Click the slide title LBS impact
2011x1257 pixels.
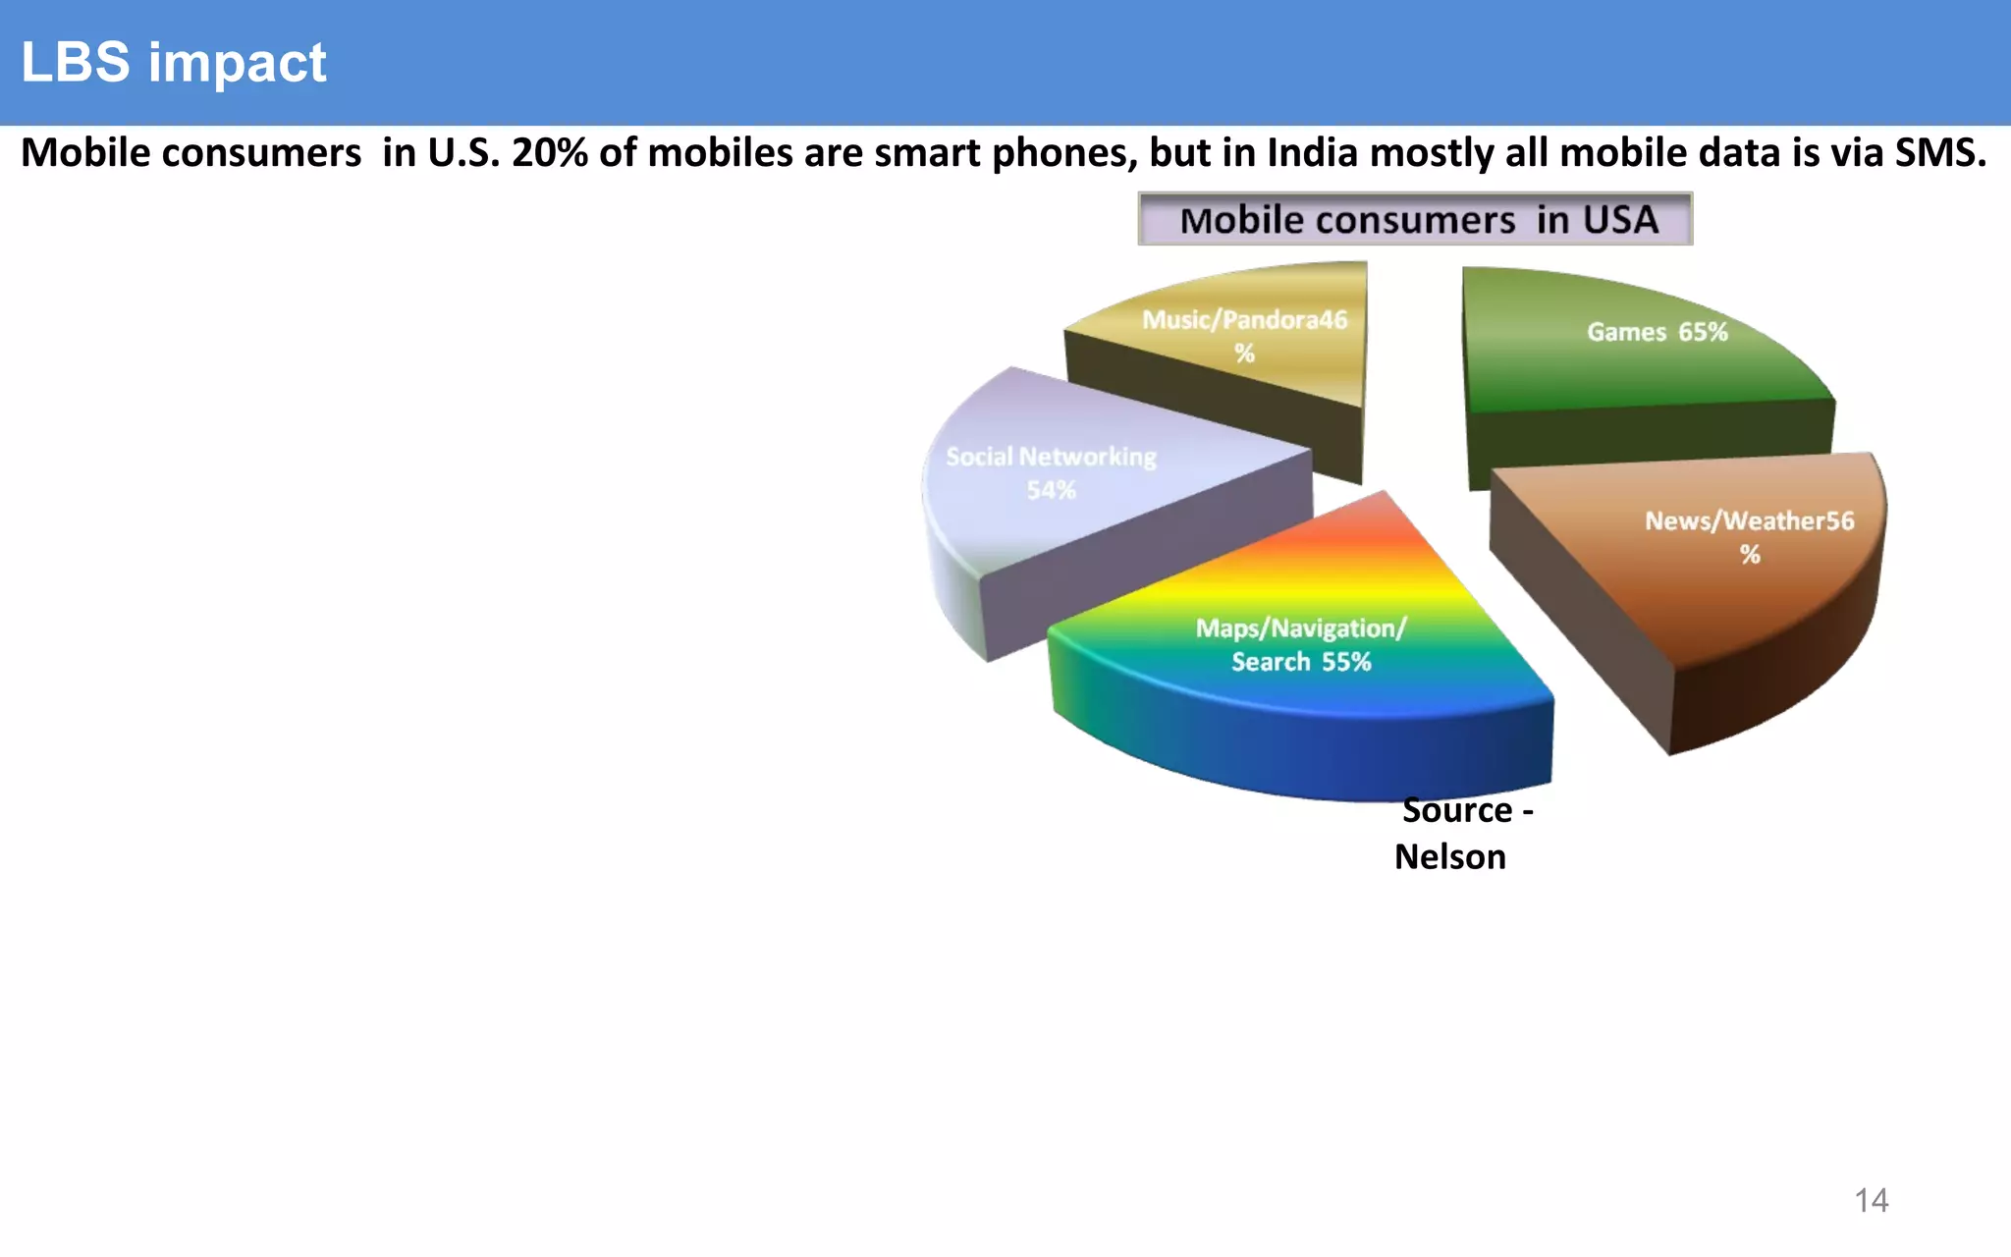(173, 63)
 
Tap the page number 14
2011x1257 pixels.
(1871, 1200)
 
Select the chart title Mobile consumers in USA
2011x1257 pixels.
(1415, 219)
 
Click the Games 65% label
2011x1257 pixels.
(1657, 332)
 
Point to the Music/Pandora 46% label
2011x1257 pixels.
(1244, 336)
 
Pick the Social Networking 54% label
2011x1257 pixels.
(1051, 472)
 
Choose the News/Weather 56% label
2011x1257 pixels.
(1749, 536)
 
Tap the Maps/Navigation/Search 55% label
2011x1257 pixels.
(1301, 644)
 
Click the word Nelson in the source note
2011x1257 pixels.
(1449, 857)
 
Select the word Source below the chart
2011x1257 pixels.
(1457, 811)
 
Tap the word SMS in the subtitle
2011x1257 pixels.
(1939, 154)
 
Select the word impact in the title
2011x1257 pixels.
(237, 63)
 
